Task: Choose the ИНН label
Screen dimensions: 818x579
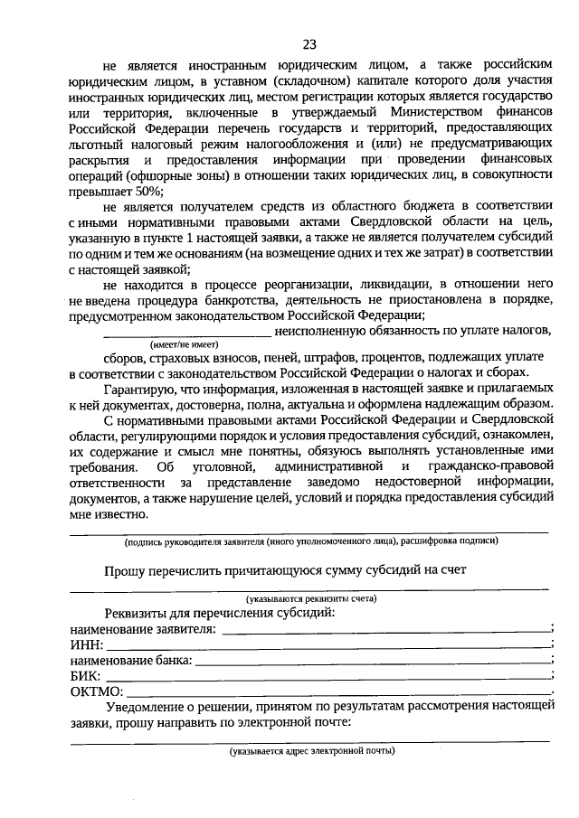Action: click(86, 644)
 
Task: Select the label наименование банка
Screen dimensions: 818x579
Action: click(130, 661)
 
